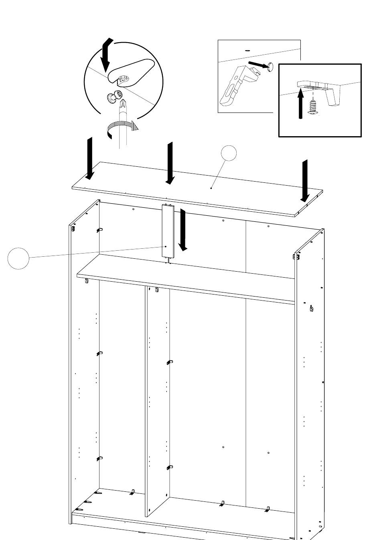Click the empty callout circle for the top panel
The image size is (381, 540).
pos(229,153)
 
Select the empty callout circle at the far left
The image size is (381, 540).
pos(18,258)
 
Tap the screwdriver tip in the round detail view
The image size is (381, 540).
pos(123,105)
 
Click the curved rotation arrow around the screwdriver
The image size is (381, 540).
pos(120,129)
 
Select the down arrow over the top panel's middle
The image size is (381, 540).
pos(170,163)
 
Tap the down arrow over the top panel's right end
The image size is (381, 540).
pos(305,181)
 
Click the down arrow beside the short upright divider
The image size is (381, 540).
pos(183,230)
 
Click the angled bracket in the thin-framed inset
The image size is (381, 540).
pos(235,86)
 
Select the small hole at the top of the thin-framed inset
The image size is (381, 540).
pos(247,51)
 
